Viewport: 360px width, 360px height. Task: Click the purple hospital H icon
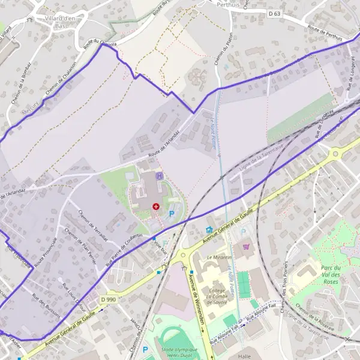[x=159, y=176]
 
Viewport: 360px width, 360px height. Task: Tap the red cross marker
[x=156, y=206]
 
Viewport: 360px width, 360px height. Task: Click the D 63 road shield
[x=274, y=13]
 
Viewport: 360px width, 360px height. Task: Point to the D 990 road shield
[x=108, y=299]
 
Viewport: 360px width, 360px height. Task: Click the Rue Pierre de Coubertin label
[x=124, y=249]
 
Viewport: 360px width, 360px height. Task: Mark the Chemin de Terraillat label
[x=94, y=225]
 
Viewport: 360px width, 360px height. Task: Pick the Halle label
[x=244, y=356]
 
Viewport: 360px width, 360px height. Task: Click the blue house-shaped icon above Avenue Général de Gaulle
[x=209, y=229]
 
